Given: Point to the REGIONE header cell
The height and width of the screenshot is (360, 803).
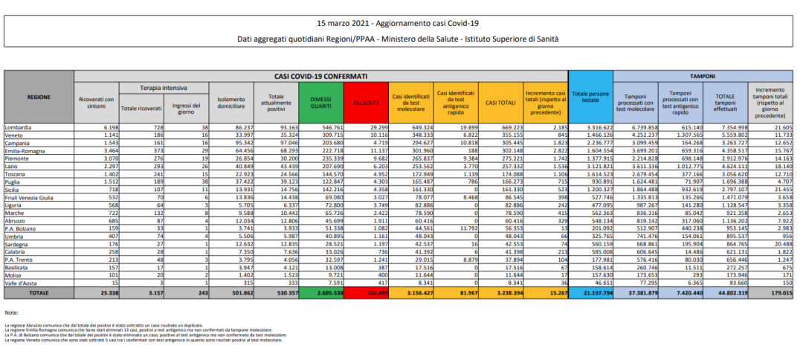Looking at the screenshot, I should pos(39,97).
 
